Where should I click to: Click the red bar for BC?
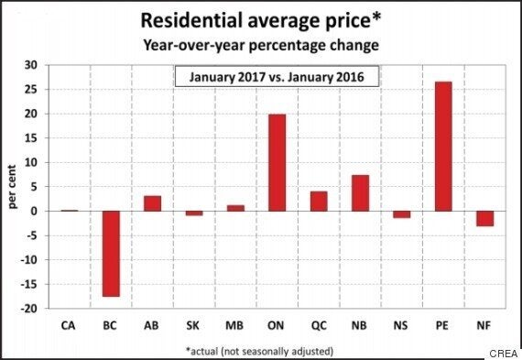tap(111, 254)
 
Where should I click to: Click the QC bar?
tap(320, 201)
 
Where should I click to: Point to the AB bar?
tap(153, 203)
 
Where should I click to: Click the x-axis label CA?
tap(69, 323)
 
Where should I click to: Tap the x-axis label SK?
tap(194, 323)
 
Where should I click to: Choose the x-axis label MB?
tap(236, 323)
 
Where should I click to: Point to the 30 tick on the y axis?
tap(34, 65)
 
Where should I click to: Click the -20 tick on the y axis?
tap(32, 309)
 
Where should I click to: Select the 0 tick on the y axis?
tap(38, 212)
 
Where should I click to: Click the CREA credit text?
tap(501, 351)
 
